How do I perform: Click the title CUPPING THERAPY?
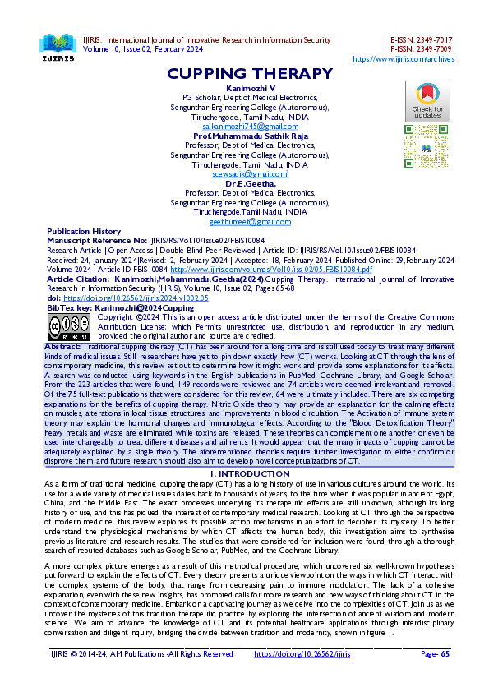click(249, 74)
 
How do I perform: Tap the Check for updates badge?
click(427, 102)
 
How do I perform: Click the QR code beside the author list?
click(427, 146)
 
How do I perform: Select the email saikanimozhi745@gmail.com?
click(250, 126)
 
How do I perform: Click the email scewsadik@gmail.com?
click(250, 174)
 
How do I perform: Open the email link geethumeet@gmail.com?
click(250, 222)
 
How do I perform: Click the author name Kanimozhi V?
click(250, 86)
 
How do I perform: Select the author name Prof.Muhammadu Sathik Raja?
click(250, 135)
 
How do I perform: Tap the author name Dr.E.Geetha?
click(250, 183)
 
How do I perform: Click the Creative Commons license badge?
click(69, 326)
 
